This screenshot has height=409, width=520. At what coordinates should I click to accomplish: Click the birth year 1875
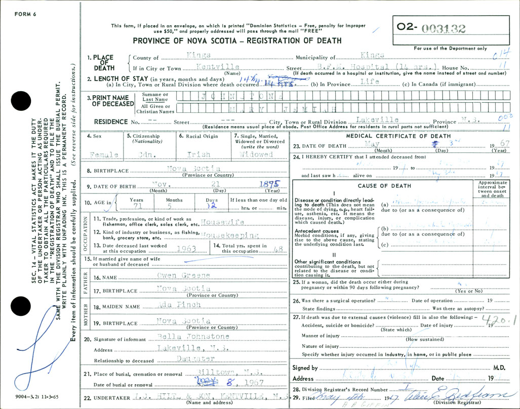point(268,185)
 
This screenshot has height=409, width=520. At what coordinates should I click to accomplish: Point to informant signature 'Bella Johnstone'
point(193,337)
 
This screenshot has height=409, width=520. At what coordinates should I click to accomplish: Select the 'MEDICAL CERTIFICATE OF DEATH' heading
point(398,136)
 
